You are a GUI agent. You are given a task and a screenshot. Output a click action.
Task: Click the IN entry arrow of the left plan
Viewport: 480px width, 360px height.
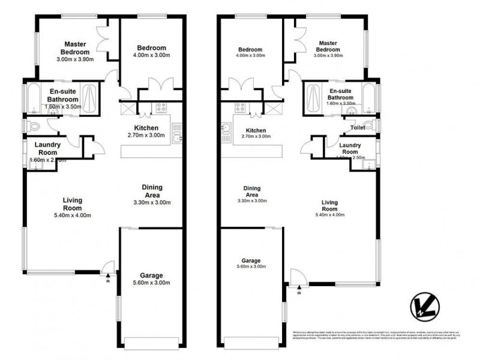(x=108, y=277)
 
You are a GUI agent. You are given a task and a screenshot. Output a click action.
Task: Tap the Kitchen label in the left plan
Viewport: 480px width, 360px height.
(x=146, y=128)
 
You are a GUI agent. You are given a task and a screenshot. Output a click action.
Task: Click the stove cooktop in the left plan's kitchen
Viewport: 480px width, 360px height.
(x=161, y=108)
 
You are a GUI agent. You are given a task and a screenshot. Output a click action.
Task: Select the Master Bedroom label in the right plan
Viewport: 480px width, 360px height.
(x=329, y=46)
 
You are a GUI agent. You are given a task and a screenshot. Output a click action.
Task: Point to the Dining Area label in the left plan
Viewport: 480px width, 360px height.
(x=152, y=190)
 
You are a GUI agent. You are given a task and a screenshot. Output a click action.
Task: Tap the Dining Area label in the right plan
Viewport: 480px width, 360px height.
(x=251, y=191)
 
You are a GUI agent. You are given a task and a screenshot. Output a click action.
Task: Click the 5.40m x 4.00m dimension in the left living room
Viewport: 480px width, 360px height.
(x=73, y=215)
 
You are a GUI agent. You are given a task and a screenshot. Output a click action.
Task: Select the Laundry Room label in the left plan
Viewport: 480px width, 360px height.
(x=46, y=148)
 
